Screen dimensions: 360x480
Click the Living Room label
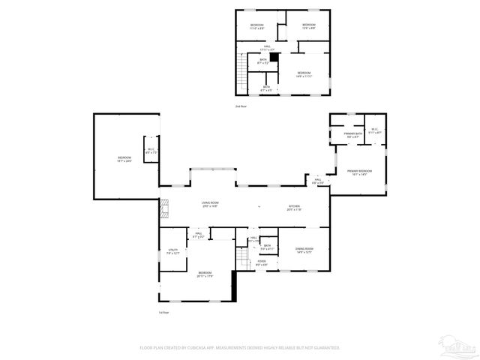[209, 205]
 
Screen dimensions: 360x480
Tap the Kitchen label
[295, 208]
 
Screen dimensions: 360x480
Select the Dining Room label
[304, 250]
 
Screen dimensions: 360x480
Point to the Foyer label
[262, 263]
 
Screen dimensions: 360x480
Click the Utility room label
[172, 252]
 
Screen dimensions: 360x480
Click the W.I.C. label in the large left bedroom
[151, 151]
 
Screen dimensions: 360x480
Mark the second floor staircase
[241, 72]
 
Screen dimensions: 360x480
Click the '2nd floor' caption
[241, 106]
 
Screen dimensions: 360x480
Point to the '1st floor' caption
[163, 312]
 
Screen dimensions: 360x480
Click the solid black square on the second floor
[274, 56]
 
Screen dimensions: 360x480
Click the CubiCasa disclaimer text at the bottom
[240, 348]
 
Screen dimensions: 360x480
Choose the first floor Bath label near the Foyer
[267, 246]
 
